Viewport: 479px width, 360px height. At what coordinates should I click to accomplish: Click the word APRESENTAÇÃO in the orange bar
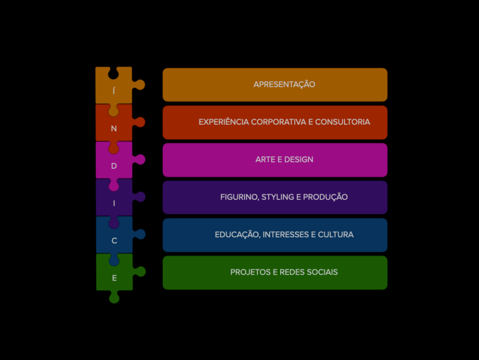tap(284, 84)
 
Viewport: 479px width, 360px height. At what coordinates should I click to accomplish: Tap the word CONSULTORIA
tap(342, 122)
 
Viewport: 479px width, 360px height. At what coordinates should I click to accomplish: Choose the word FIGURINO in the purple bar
tap(239, 197)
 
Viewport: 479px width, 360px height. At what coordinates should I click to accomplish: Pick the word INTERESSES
tap(286, 234)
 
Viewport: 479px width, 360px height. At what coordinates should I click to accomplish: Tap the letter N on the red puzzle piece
tap(114, 128)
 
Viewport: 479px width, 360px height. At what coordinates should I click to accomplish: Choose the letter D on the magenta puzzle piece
tap(114, 166)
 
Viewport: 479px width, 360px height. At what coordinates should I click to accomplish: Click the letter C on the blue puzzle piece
tap(114, 241)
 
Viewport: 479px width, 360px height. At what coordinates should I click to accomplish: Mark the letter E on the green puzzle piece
tap(114, 278)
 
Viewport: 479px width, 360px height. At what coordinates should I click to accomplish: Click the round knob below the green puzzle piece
tap(114, 298)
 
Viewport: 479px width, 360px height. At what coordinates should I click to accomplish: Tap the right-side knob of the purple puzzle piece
tap(140, 197)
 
